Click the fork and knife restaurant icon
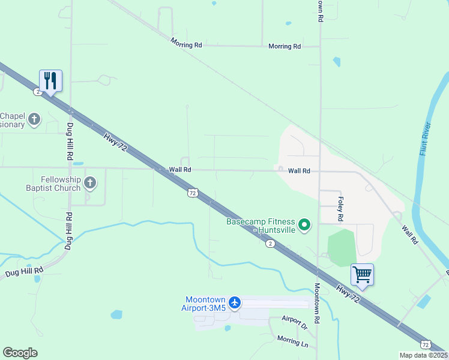coord(50,80)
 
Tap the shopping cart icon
coord(362,275)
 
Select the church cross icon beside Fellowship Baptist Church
coord(90,182)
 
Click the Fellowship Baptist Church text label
coord(61,184)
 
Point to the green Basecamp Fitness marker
coord(305,226)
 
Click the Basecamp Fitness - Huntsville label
coord(262,226)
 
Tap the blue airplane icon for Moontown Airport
coord(234,302)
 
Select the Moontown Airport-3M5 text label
coord(205,304)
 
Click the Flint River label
coord(426,139)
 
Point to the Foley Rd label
coord(341,208)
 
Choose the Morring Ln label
coord(292,341)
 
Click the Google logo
coord(20,353)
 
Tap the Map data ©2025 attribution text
coord(423,355)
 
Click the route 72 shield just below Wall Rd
coord(192,193)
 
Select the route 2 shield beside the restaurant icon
coord(37,91)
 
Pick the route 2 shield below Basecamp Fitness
coord(271,243)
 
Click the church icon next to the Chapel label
coord(34,119)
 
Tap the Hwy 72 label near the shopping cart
coord(349,295)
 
